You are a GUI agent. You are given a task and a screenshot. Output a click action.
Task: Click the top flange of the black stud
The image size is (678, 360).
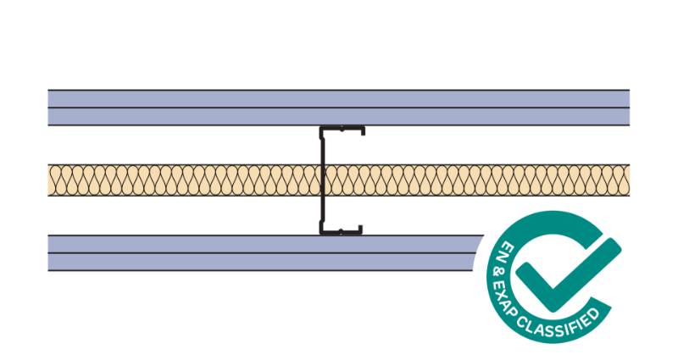[x=342, y=129]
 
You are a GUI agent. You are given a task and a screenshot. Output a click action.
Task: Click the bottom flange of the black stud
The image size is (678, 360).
[x=342, y=232]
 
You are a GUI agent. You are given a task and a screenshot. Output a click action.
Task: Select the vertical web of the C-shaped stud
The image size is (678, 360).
[x=321, y=180]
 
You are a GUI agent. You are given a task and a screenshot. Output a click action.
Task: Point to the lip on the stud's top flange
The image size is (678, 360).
[x=363, y=132]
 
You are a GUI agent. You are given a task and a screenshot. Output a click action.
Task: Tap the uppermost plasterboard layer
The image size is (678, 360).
[x=254, y=98]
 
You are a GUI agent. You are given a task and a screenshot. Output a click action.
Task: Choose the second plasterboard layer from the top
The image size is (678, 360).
[x=254, y=117]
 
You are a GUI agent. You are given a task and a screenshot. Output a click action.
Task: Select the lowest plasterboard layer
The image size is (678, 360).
[x=254, y=262]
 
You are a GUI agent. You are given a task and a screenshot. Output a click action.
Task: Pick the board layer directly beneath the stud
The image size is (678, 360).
[x=254, y=244]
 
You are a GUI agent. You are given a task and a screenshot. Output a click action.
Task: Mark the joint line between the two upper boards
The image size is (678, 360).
[x=254, y=108]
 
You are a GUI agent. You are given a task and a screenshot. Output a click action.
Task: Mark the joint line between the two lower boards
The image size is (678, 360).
[x=254, y=252]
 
